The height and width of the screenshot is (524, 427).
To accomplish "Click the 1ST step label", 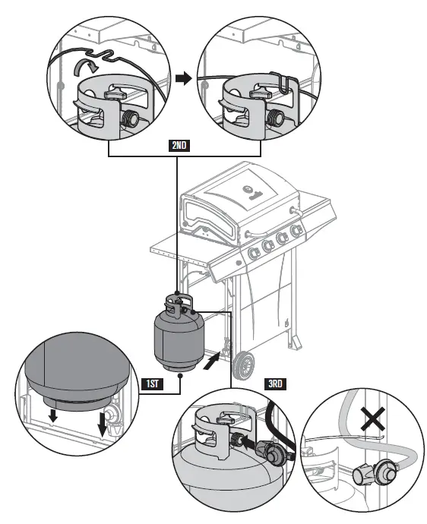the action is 153,384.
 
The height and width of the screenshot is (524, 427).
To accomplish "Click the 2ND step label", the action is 179,145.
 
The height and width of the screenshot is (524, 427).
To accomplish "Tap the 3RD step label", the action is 275,384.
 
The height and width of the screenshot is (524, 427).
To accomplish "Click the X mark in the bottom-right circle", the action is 373,419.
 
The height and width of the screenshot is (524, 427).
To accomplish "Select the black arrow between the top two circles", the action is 184,79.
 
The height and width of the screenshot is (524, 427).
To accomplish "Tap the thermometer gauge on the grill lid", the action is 248,189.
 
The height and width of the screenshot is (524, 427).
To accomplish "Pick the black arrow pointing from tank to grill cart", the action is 212,362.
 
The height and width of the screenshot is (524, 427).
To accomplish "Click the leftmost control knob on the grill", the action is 253,254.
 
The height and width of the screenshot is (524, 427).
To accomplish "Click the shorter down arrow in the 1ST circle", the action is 52,415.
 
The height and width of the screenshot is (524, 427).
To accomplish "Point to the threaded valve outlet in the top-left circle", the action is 129,118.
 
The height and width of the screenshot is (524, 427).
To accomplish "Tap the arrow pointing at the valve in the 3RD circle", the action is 248,444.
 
